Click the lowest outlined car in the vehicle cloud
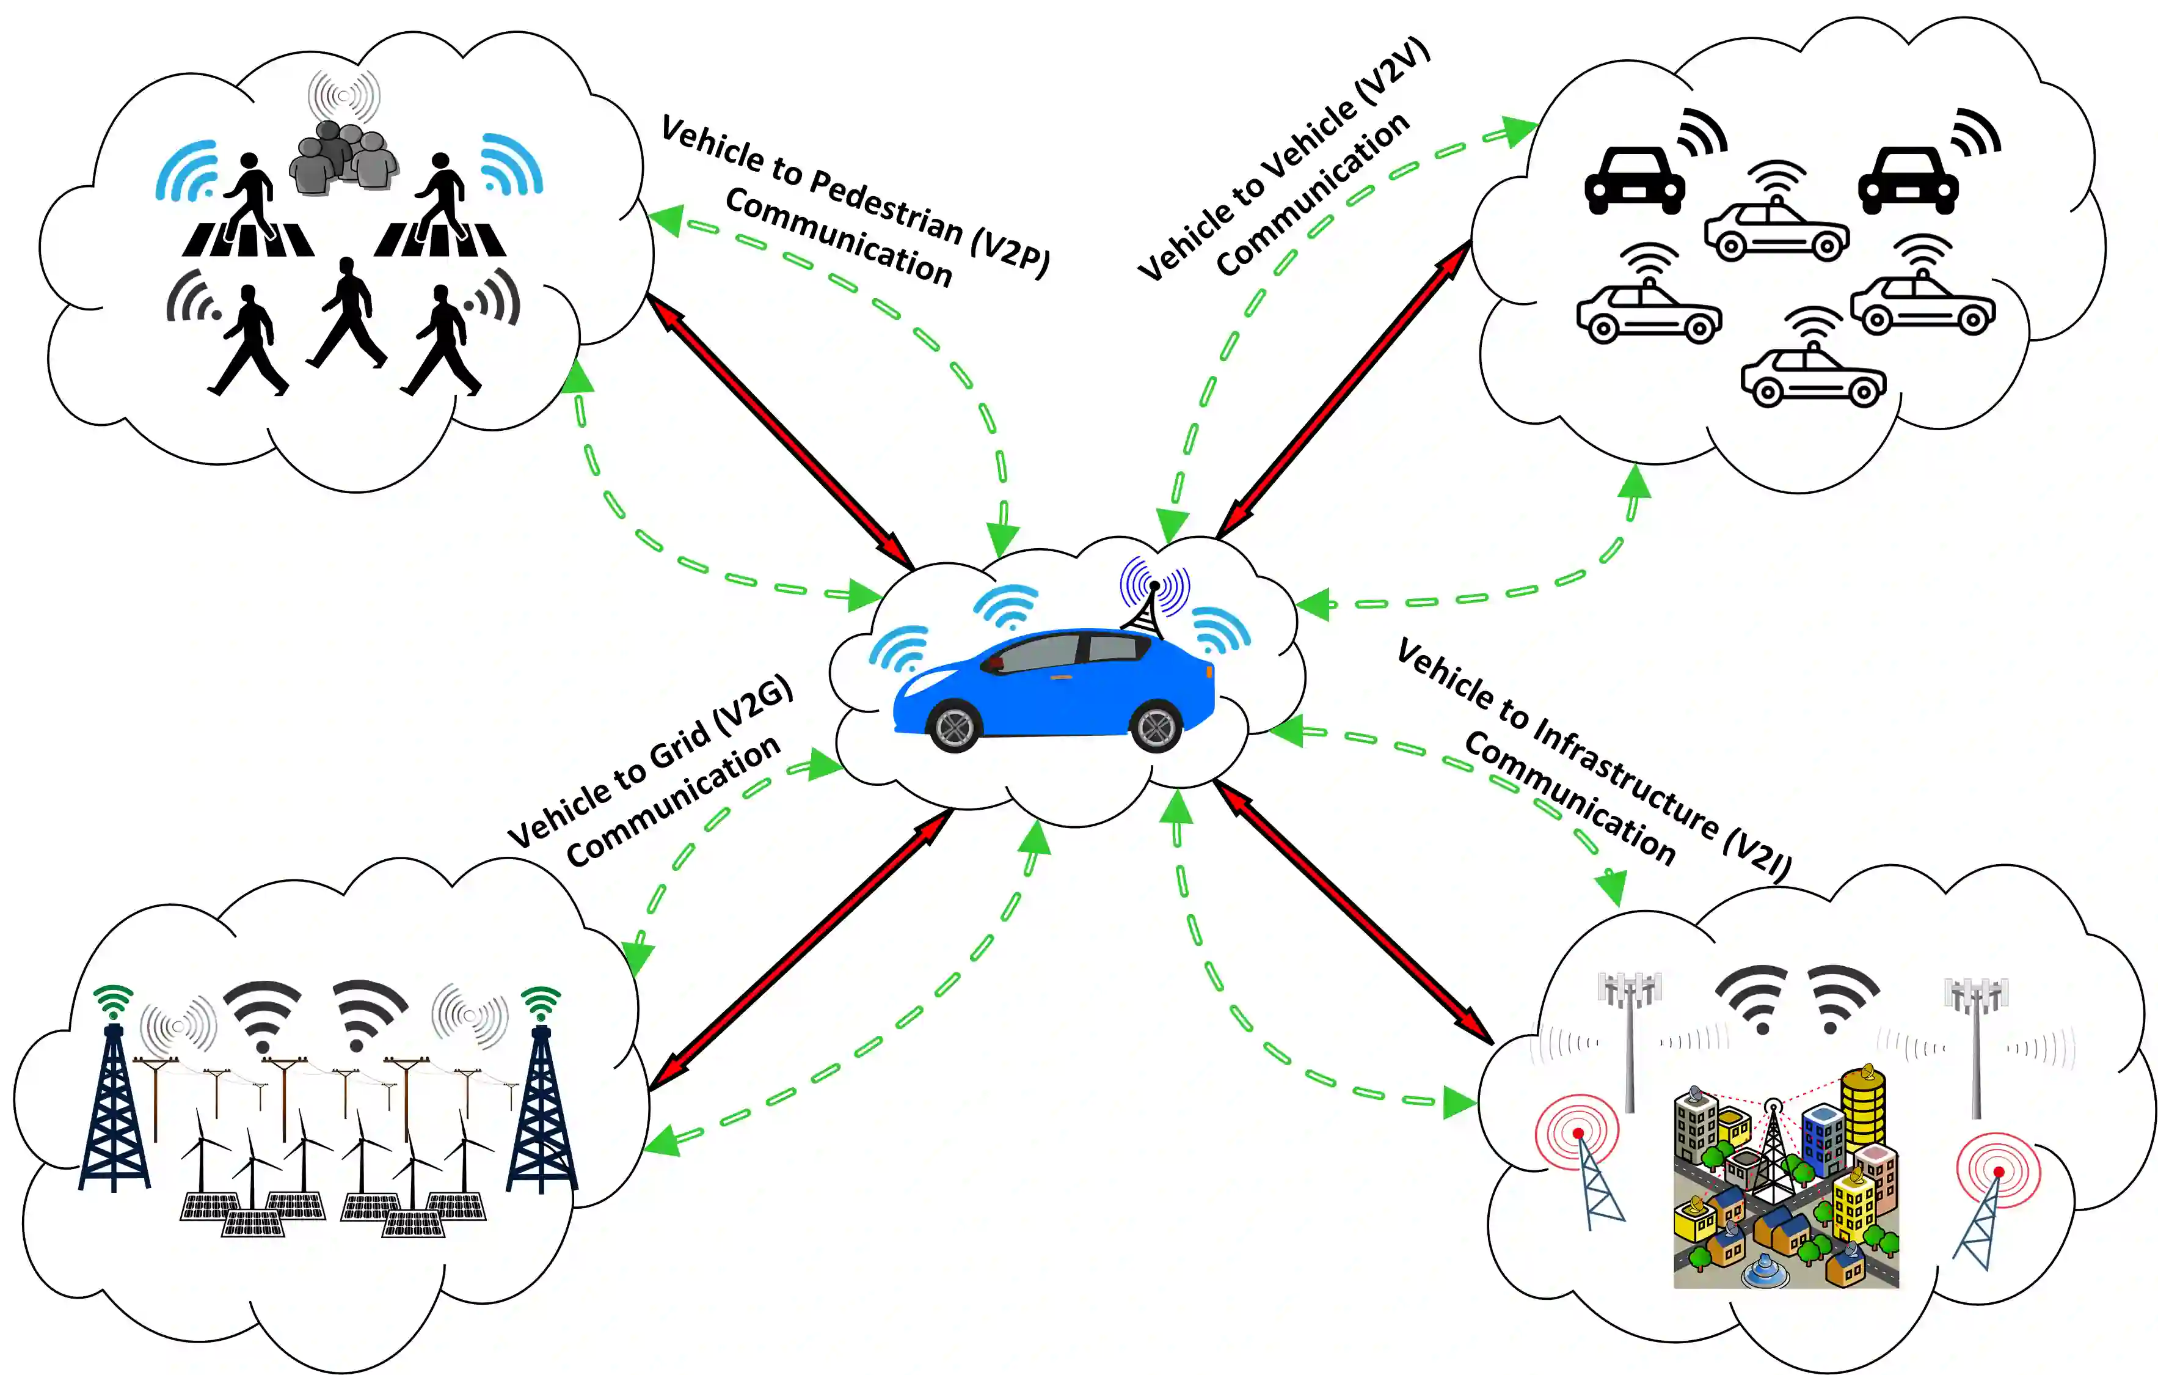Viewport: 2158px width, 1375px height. (x=1813, y=376)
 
